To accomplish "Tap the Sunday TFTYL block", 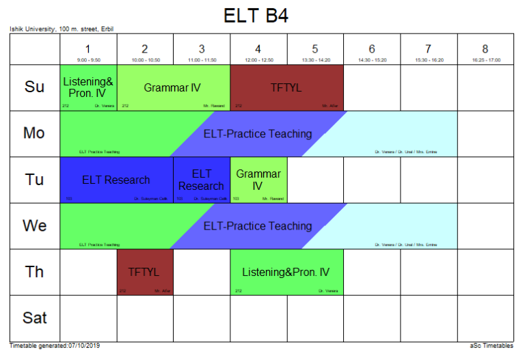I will (286, 87).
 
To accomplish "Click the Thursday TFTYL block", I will (145, 272).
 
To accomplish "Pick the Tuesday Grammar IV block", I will (258, 180).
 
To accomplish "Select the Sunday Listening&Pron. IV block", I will (89, 87).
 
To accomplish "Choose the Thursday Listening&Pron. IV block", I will (286, 272).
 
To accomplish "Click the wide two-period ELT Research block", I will (116, 180).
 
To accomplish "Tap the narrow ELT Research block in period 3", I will (202, 180).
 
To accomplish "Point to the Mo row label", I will (35, 133).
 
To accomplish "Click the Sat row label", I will (35, 318).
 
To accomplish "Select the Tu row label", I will (35, 180).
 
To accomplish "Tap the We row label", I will (35, 225).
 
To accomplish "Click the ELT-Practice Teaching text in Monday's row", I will (258, 134).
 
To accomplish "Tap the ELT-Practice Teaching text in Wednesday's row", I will (258, 226).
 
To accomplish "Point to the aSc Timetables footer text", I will (492, 346).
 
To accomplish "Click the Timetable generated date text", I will (55, 346).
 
